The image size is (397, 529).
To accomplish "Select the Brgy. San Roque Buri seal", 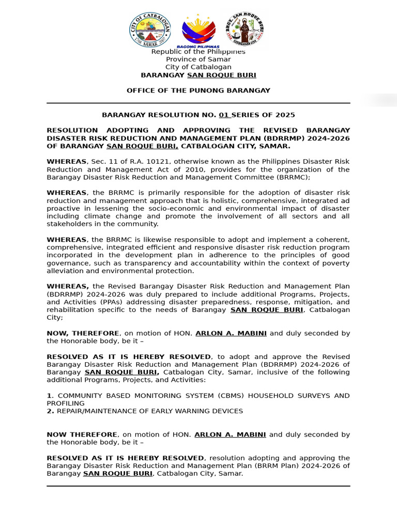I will click(245, 29).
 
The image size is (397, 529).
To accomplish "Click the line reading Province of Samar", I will click(198, 59).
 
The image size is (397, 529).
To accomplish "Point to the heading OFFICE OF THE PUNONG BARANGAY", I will click(198, 90).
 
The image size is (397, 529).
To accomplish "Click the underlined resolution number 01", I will click(223, 115).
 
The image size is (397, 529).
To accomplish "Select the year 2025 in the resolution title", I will click(285, 115).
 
